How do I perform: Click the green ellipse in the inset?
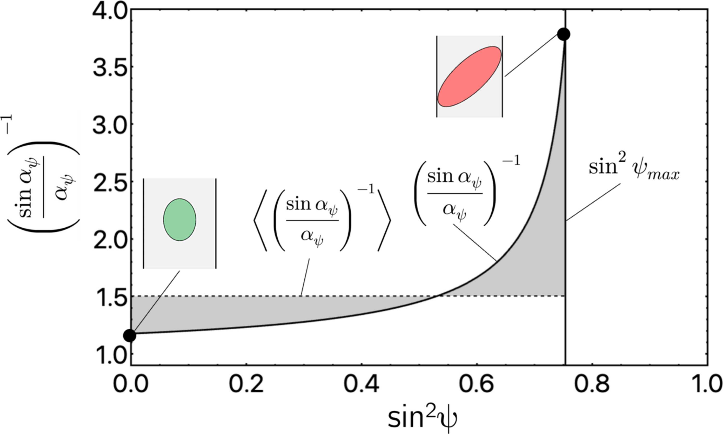pos(180,220)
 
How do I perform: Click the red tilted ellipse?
pos(469,76)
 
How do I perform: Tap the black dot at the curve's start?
pos(130,335)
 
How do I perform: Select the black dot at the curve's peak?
pos(563,34)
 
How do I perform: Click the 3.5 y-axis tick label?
pos(110,67)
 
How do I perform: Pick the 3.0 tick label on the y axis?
pos(110,124)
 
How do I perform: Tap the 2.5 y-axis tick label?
pos(110,182)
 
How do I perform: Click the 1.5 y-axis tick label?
pos(110,297)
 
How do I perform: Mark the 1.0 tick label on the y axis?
pos(110,354)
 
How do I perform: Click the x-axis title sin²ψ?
pos(422,419)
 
